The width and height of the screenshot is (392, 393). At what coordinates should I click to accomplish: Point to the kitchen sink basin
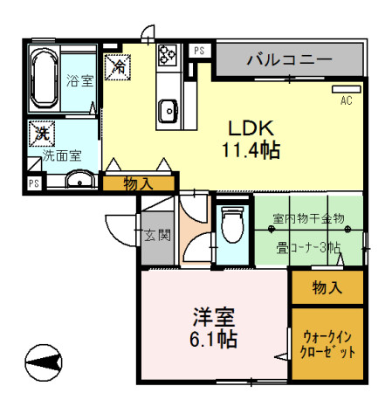pyautogui.click(x=167, y=109)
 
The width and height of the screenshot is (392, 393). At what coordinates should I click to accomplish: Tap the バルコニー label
pyautogui.click(x=288, y=60)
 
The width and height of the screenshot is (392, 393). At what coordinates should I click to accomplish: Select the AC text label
pyautogui.click(x=347, y=101)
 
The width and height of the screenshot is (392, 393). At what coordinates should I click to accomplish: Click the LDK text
pyautogui.click(x=251, y=126)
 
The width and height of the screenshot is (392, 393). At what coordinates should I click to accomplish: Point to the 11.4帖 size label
pyautogui.click(x=250, y=149)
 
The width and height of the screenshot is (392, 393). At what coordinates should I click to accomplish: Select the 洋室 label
pyautogui.click(x=212, y=314)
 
